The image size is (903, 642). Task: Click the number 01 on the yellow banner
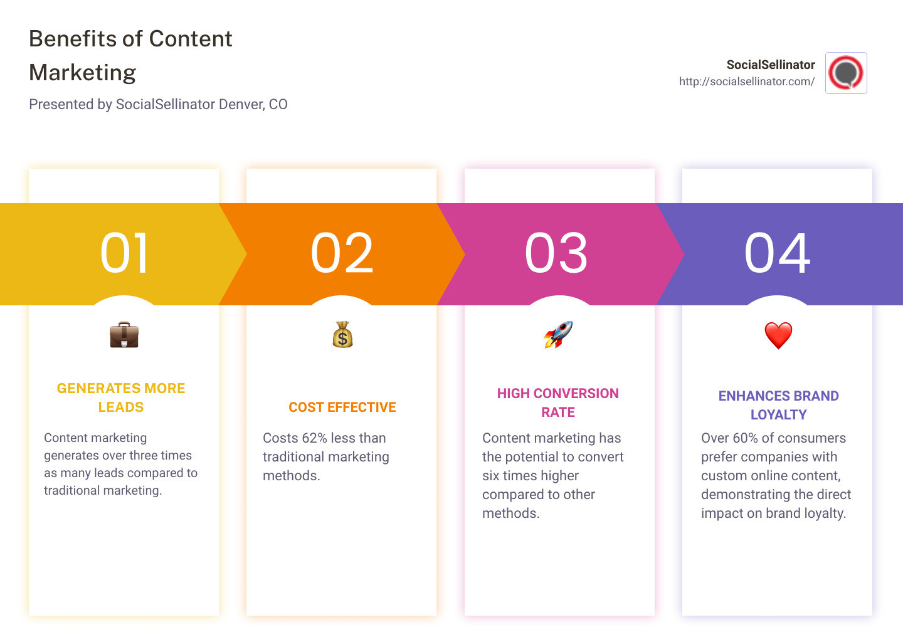[x=124, y=253]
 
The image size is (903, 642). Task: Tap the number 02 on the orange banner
[x=342, y=253]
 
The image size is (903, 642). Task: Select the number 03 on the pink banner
[x=556, y=253]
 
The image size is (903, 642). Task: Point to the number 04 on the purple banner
[x=777, y=253]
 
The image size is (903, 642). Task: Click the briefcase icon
[x=124, y=335]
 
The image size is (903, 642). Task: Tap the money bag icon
[x=342, y=335]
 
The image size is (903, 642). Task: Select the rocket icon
[x=558, y=335]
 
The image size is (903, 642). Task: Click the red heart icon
[x=778, y=335]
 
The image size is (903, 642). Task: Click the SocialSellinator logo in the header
[x=846, y=73]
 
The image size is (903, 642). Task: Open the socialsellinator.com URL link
[x=746, y=82]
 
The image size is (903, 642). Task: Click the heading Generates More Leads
[x=121, y=397]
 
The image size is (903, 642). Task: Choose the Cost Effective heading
[x=342, y=408]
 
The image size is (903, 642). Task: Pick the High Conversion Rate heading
[x=558, y=403]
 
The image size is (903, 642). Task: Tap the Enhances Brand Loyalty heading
[x=778, y=405]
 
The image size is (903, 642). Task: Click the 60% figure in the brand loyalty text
[x=745, y=438]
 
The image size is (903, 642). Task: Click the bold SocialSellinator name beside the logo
[x=770, y=65]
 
